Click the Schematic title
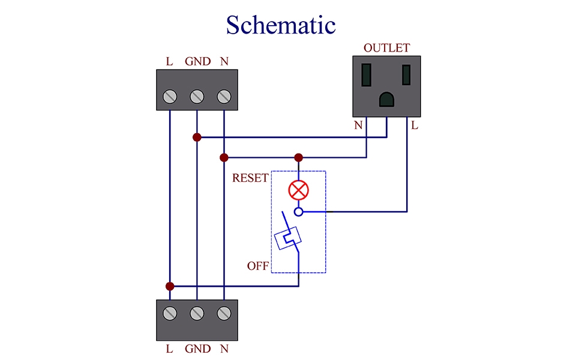click(x=280, y=25)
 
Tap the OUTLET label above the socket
click(x=386, y=48)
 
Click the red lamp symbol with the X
click(x=298, y=191)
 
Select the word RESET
click(x=250, y=178)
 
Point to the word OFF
click(x=258, y=266)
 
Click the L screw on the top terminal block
click(x=170, y=96)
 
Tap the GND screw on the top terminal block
click(x=197, y=96)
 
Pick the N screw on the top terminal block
click(x=224, y=96)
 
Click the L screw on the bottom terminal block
click(x=170, y=313)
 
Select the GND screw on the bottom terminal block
click(x=197, y=313)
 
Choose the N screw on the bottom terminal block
click(x=224, y=313)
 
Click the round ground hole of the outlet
click(x=387, y=100)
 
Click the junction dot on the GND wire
click(x=197, y=137)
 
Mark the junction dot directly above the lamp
click(x=298, y=158)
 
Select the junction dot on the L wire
click(x=170, y=286)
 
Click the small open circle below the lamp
click(x=298, y=212)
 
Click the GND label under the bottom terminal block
click(x=197, y=349)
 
